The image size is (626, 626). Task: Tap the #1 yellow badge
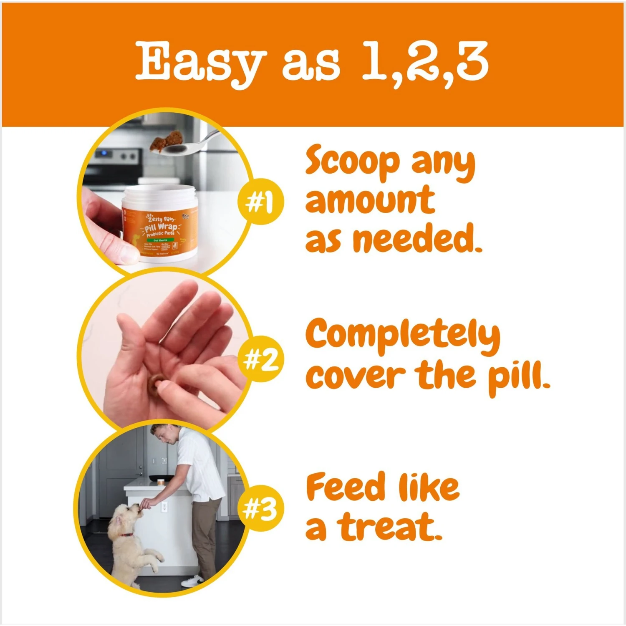260,202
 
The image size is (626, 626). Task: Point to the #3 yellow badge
260,508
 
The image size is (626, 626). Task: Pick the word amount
370,201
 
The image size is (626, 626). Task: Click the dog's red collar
126,535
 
